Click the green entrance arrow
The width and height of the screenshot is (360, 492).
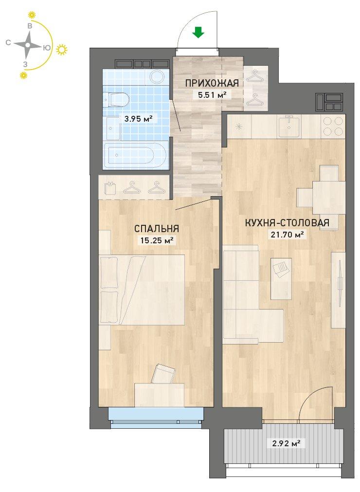tap(198, 32)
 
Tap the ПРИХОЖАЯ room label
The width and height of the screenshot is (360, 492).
tap(212, 84)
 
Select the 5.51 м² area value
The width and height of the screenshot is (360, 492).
tap(212, 94)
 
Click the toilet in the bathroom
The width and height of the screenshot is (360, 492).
tap(116, 100)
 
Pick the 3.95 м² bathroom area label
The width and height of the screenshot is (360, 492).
tap(139, 119)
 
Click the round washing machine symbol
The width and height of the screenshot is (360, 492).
tap(158, 77)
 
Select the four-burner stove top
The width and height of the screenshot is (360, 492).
tap(333, 126)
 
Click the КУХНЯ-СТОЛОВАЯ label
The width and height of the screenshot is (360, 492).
tap(287, 223)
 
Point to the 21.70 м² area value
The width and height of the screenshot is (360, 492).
tap(287, 234)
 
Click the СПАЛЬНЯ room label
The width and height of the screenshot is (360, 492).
tap(157, 228)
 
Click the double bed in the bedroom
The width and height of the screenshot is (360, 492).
tap(142, 290)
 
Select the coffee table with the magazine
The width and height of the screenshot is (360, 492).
tap(281, 279)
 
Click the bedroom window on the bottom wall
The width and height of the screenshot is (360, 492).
tap(156, 418)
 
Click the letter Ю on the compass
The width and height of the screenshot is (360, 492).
tap(46, 48)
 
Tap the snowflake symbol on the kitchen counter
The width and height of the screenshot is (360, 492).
tap(239, 127)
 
